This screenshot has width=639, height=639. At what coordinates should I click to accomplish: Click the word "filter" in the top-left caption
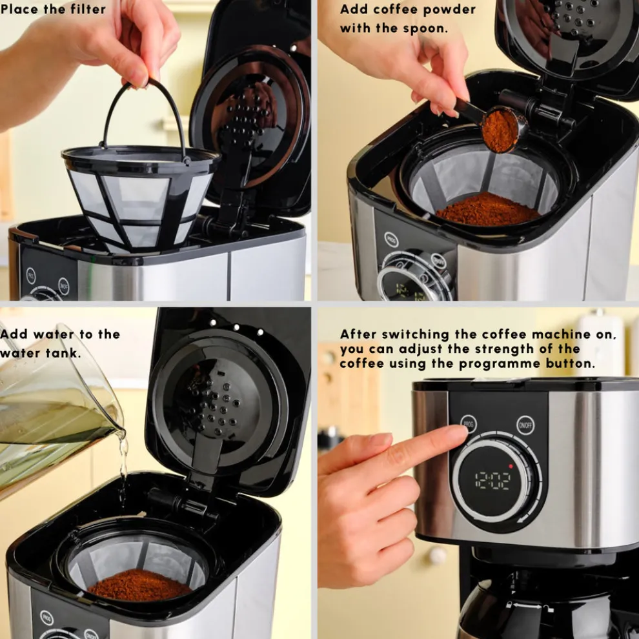tap(86, 9)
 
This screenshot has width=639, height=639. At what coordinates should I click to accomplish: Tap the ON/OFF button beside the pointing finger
tap(525, 425)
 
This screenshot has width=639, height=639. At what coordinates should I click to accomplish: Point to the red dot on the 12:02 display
tap(511, 465)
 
